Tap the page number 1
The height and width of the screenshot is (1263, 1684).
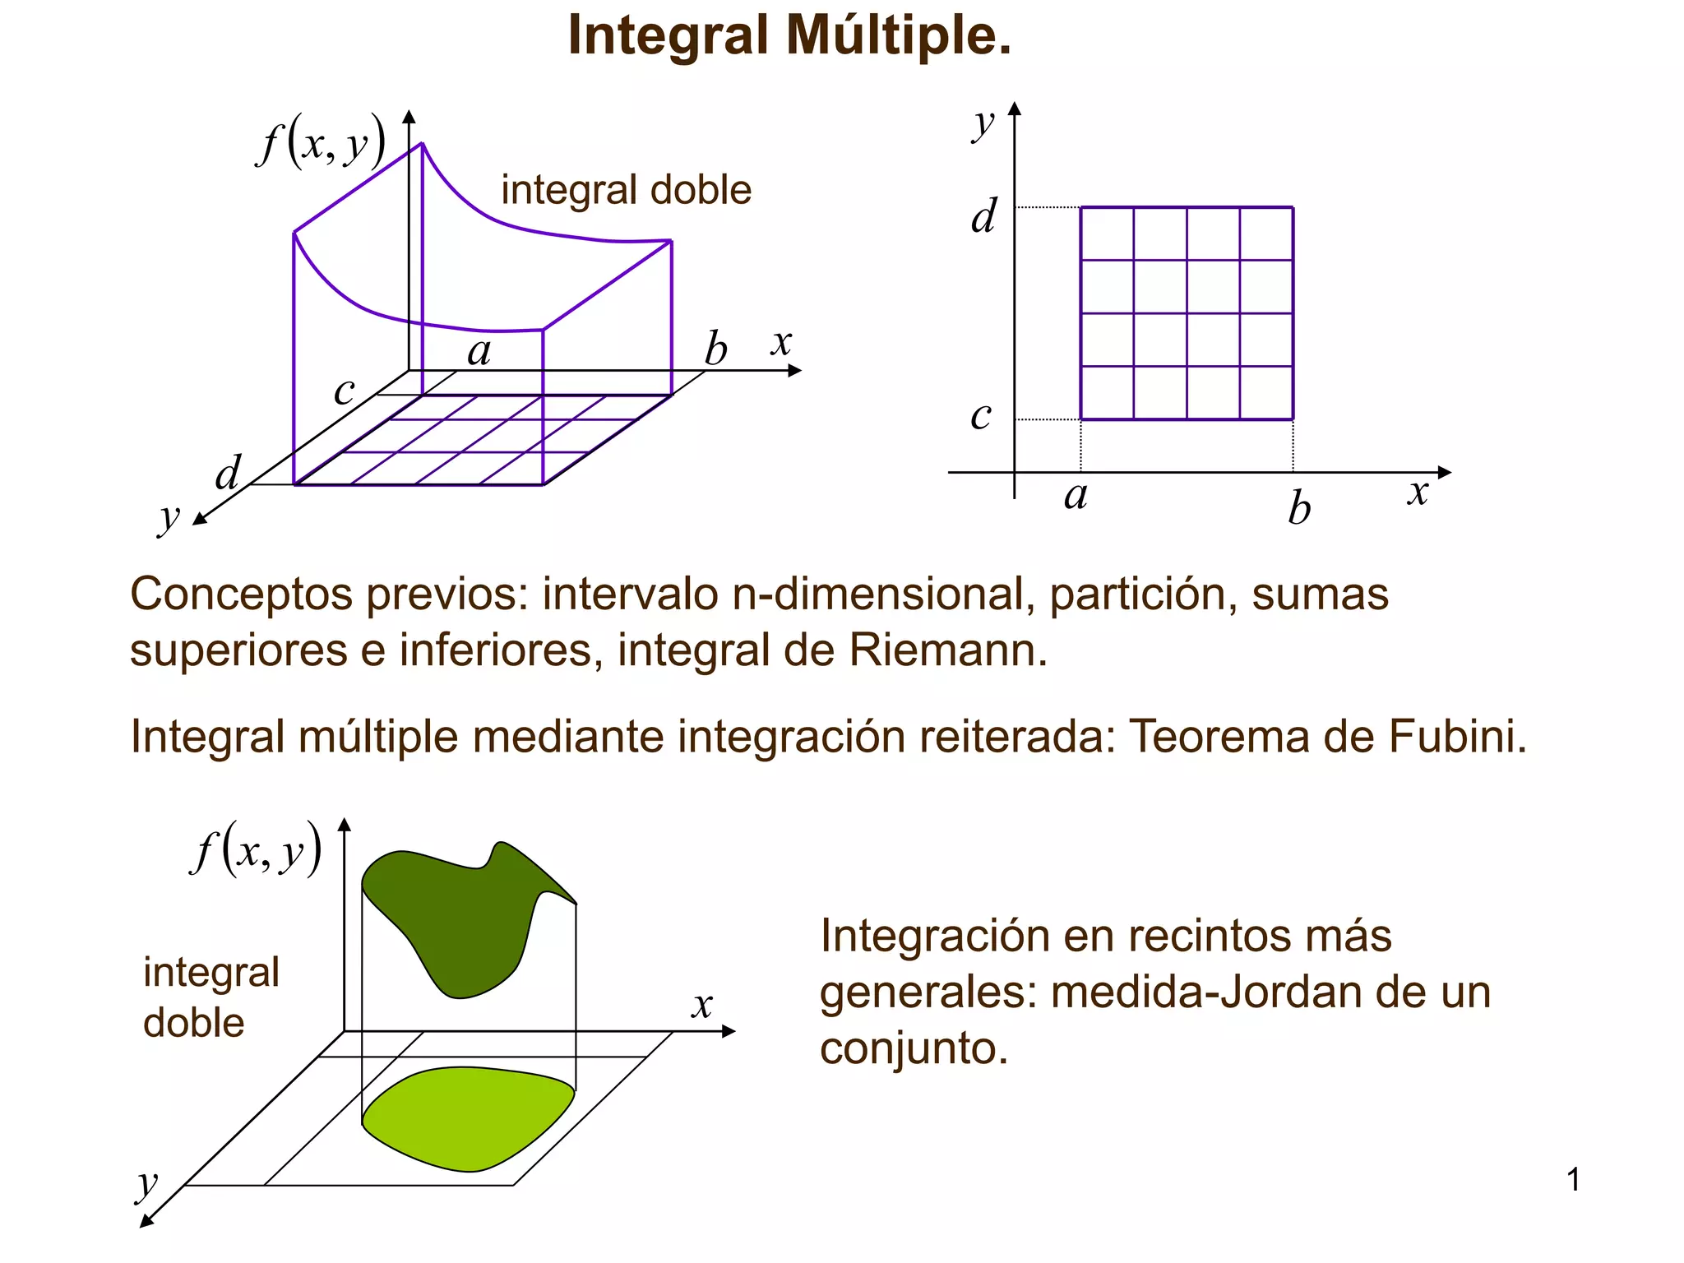(x=1573, y=1180)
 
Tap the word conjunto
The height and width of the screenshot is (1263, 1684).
(x=912, y=1048)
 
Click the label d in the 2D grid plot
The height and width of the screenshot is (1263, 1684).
(x=983, y=216)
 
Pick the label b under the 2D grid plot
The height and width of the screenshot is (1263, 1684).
(x=1299, y=507)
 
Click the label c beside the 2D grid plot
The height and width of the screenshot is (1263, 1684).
(x=980, y=415)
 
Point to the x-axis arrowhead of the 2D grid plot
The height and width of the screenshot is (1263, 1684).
(x=1445, y=472)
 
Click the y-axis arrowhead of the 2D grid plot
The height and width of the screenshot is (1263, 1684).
(x=1015, y=109)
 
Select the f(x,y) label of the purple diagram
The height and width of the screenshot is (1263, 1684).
(x=321, y=142)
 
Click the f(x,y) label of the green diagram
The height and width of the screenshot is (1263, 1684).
(x=256, y=849)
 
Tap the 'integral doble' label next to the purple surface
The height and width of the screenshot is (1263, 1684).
(x=626, y=190)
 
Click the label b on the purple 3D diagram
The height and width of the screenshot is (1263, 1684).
(x=715, y=349)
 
